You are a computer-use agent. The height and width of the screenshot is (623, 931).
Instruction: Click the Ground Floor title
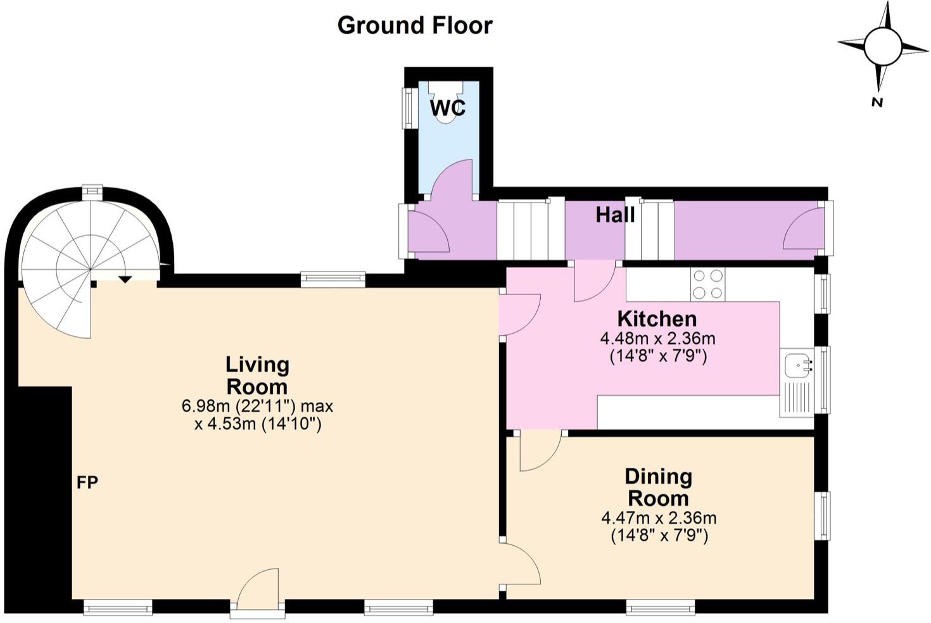(415, 26)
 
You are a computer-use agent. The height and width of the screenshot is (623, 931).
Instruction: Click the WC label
(448, 108)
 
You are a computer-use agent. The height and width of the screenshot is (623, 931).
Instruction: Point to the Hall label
(615, 215)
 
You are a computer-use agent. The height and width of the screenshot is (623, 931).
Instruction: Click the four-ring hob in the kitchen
(708, 284)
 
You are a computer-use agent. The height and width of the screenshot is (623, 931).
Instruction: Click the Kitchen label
(657, 318)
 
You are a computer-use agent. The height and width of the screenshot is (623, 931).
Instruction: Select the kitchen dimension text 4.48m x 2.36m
(658, 339)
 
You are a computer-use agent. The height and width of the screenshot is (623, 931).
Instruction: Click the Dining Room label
(659, 487)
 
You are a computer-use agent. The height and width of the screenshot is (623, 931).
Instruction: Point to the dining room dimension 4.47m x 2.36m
(659, 519)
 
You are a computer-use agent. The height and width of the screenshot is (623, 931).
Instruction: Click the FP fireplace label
(87, 482)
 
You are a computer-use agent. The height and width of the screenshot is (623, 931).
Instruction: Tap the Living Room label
(257, 375)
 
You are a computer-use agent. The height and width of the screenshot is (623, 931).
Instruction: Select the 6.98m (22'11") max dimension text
(257, 406)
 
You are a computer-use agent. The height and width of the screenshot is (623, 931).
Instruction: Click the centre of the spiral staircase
(90, 269)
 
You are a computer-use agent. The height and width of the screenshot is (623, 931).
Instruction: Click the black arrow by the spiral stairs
(125, 279)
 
